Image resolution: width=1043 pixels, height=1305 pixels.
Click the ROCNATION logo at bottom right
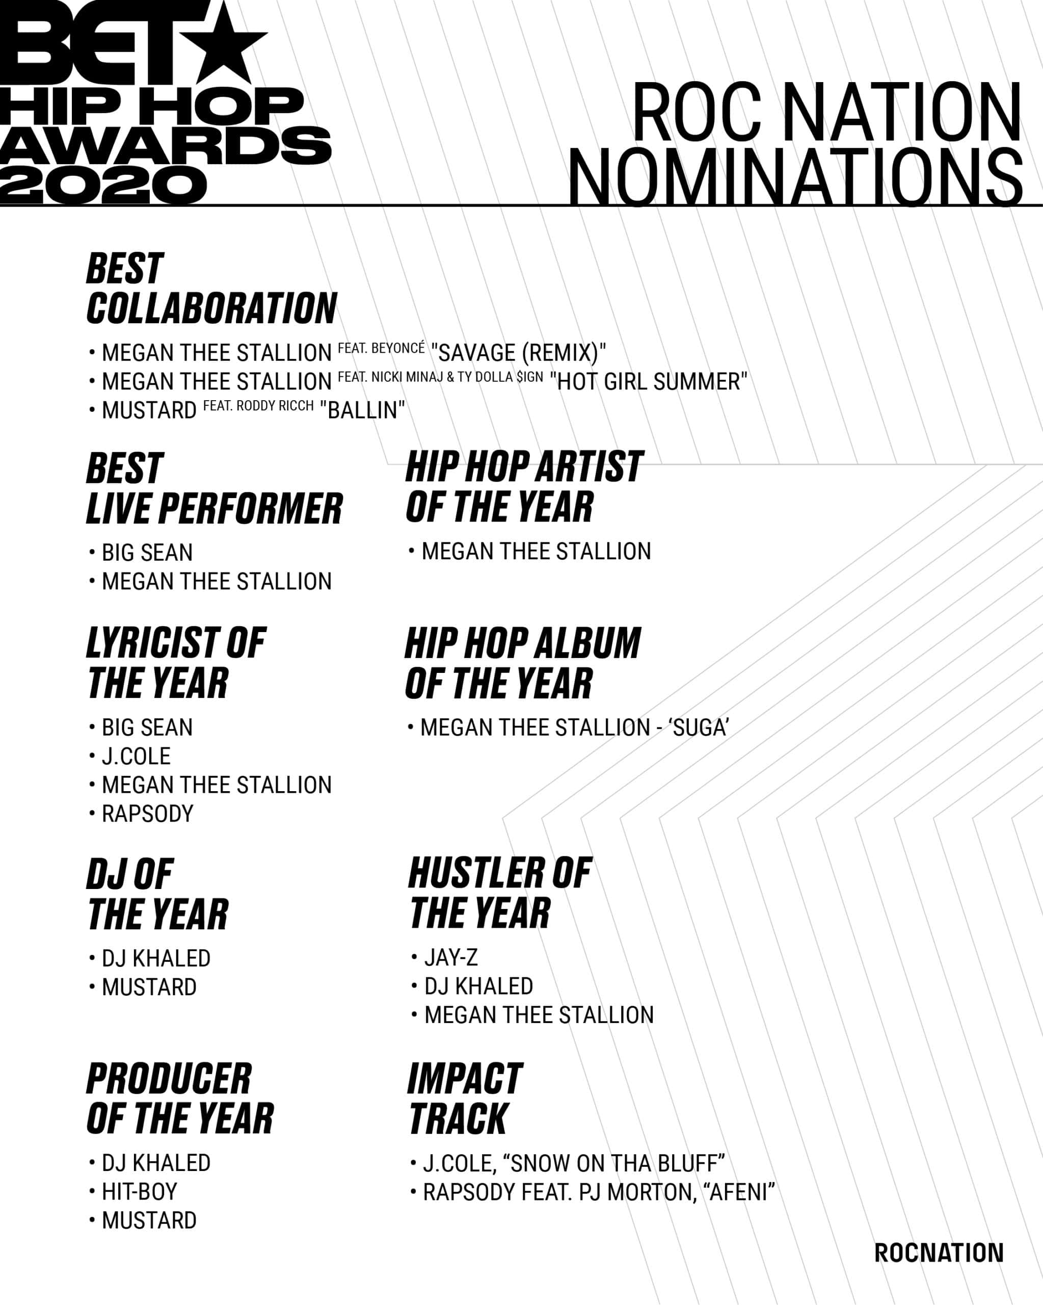pyautogui.click(x=939, y=1253)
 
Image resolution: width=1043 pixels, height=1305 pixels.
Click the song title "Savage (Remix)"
pyautogui.click(x=519, y=352)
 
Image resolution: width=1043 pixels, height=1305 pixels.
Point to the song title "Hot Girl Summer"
pyautogui.click(x=649, y=381)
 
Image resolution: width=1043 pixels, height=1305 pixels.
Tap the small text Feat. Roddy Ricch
pyautogui.click(x=258, y=406)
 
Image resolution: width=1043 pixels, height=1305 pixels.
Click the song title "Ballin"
pyautogui.click(x=362, y=410)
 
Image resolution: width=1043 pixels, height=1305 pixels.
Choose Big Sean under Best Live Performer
pyautogui.click(x=147, y=553)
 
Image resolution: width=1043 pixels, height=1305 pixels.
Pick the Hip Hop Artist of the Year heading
pyautogui.click(x=524, y=487)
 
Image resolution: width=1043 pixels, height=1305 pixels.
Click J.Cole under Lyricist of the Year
pyautogui.click(x=136, y=756)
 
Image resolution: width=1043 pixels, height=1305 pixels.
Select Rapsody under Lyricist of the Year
pyautogui.click(x=148, y=814)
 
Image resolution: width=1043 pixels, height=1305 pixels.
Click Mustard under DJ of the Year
pyautogui.click(x=149, y=988)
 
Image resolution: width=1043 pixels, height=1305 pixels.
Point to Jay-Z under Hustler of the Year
pyautogui.click(x=451, y=957)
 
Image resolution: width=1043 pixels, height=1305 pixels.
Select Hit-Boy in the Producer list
pyautogui.click(x=140, y=1192)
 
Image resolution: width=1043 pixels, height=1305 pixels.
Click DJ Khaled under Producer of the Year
pyautogui.click(x=156, y=1163)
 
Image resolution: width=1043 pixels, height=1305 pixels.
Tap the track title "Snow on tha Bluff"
pyautogui.click(x=614, y=1163)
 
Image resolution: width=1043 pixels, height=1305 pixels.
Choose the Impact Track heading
pyautogui.click(x=465, y=1099)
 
